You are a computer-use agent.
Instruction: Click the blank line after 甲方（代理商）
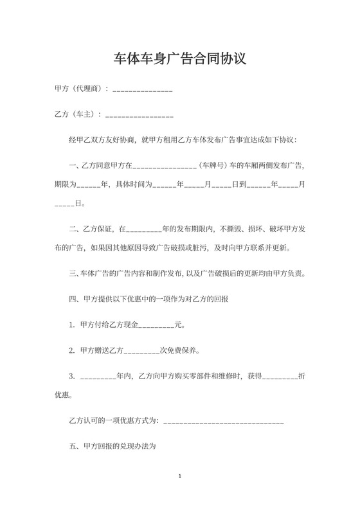pyautogui.click(x=142, y=91)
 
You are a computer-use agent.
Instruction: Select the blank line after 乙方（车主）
pyautogui.click(x=138, y=117)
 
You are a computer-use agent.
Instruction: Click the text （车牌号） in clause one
pyautogui.click(x=214, y=165)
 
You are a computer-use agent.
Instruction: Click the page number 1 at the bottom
pyautogui.click(x=180, y=477)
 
